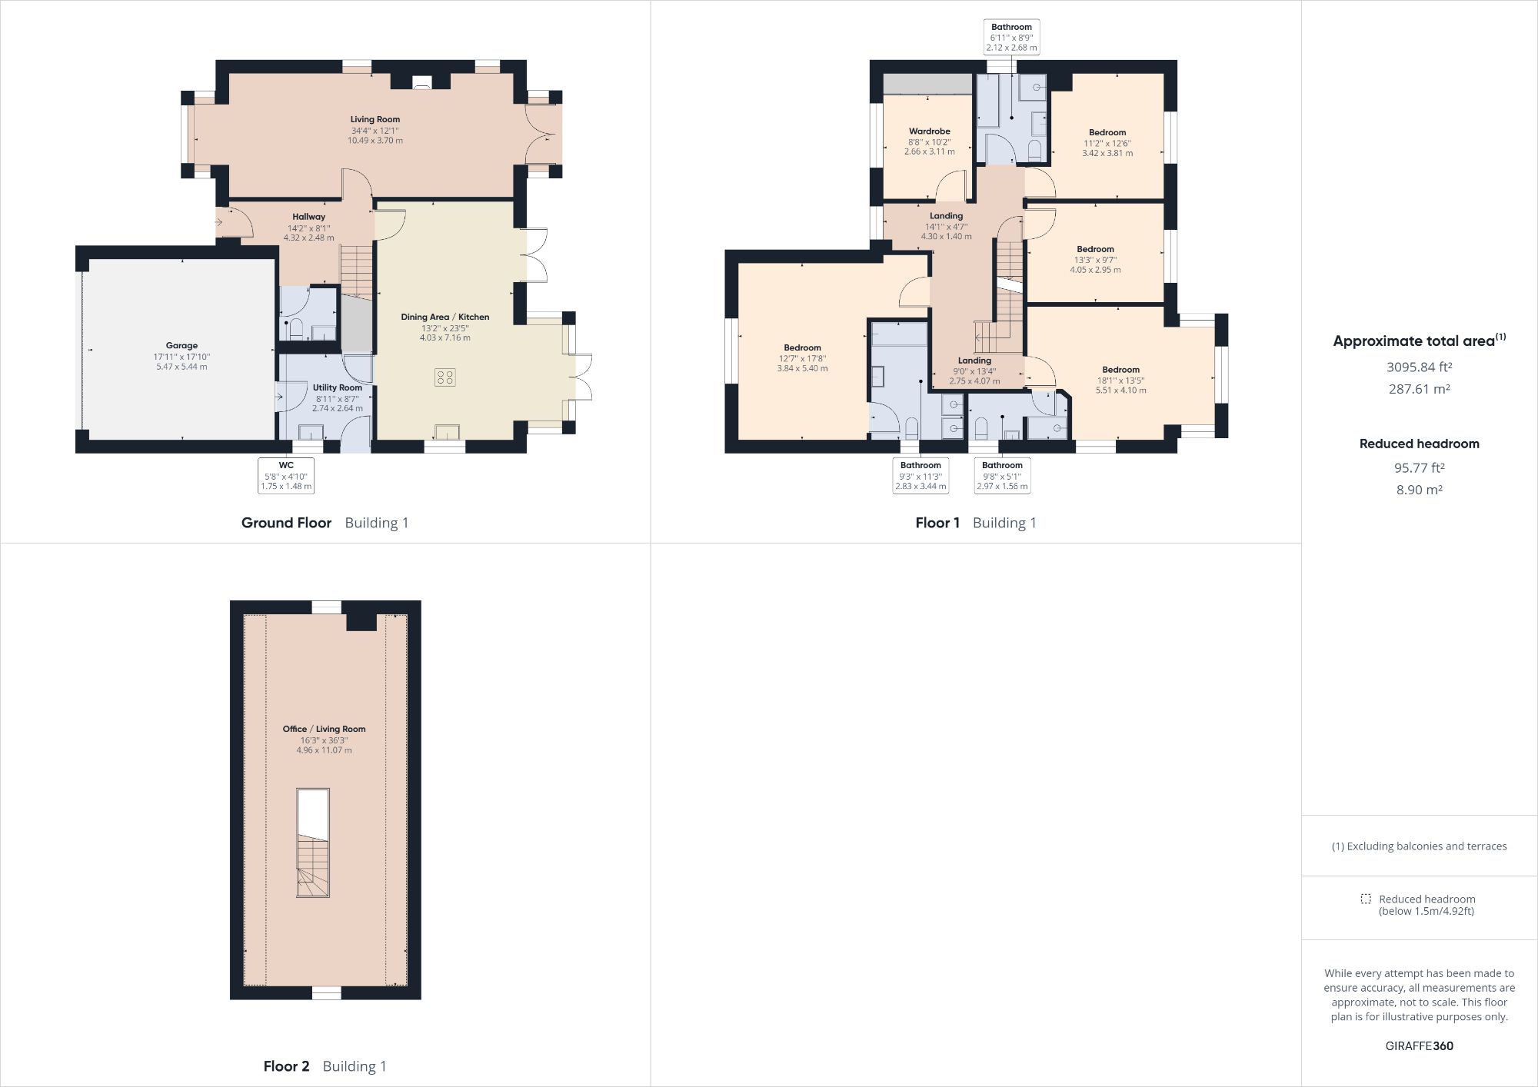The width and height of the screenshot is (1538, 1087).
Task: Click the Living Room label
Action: [375, 119]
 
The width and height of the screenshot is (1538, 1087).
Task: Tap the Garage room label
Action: [181, 346]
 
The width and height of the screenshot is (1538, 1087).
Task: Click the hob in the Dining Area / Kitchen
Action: [444, 377]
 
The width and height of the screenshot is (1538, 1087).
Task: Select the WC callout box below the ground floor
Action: [286, 476]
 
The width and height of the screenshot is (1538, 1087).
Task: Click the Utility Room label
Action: [337, 387]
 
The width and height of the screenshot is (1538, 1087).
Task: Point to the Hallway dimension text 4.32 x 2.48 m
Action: [308, 238]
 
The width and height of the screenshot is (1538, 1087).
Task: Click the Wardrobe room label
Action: [929, 131]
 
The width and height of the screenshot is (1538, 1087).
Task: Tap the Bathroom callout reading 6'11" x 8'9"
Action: [1011, 37]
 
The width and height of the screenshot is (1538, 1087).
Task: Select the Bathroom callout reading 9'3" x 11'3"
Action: [920, 476]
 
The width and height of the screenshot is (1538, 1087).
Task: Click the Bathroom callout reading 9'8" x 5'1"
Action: [1002, 476]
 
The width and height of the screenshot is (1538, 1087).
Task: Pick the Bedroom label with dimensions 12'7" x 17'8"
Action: [802, 347]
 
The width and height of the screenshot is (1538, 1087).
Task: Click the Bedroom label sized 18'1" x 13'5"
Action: [1120, 370]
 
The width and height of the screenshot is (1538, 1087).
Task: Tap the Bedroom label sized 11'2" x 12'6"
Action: [1107, 132]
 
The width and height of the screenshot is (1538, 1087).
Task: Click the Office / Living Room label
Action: [324, 729]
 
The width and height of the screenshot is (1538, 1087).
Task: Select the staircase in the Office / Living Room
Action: [313, 866]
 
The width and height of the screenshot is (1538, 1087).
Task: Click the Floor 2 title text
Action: [286, 1066]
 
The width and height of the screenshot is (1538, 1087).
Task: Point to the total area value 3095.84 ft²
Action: [1419, 367]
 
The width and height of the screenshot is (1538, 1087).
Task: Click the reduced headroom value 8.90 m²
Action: [1419, 490]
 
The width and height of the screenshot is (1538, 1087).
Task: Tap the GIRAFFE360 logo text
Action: [1419, 1045]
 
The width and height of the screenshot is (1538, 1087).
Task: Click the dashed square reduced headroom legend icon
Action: [1366, 899]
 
